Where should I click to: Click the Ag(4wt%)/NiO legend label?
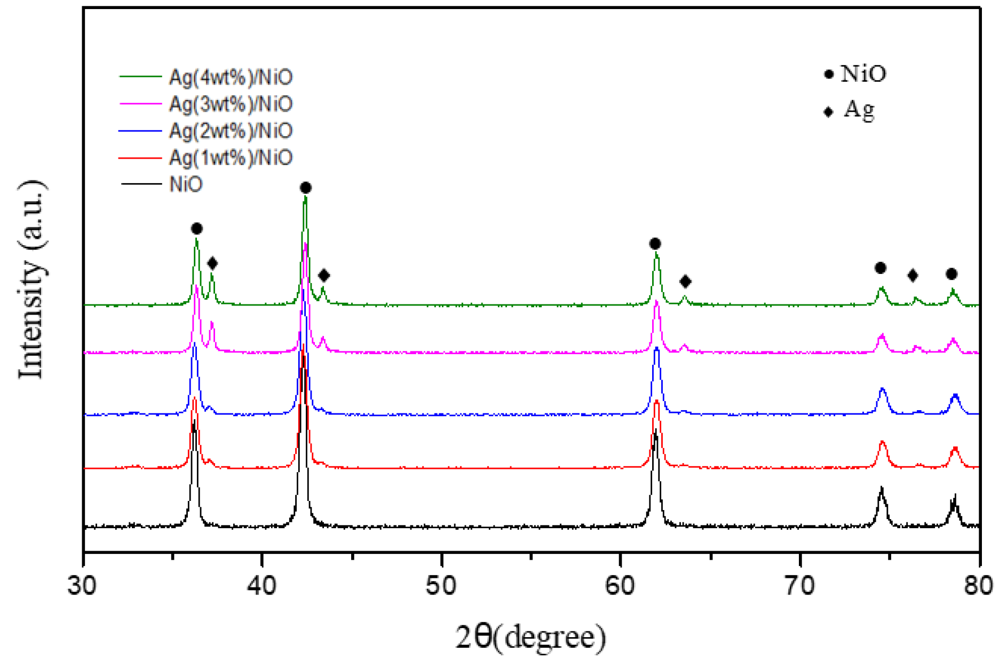pos(231,77)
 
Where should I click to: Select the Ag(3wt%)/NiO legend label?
pos(231,104)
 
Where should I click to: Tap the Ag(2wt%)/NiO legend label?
pos(231,131)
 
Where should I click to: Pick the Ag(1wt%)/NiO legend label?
pos(231,158)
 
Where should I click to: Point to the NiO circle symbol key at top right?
pos(829,74)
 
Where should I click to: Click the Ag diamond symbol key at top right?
pos(829,112)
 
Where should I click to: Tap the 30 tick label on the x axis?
pos(82,586)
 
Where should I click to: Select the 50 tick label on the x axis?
pos(441,586)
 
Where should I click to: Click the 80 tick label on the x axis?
pos(978,586)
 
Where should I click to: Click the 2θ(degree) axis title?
pos(531,637)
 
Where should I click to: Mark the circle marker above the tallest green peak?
pos(305,188)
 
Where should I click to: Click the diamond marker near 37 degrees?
pos(212,263)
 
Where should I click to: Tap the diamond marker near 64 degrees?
pos(686,281)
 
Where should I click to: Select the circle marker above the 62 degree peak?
pos(655,244)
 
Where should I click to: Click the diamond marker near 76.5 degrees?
pos(913,276)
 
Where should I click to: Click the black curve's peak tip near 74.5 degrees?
pos(882,488)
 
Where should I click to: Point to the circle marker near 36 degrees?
pos(196,229)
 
